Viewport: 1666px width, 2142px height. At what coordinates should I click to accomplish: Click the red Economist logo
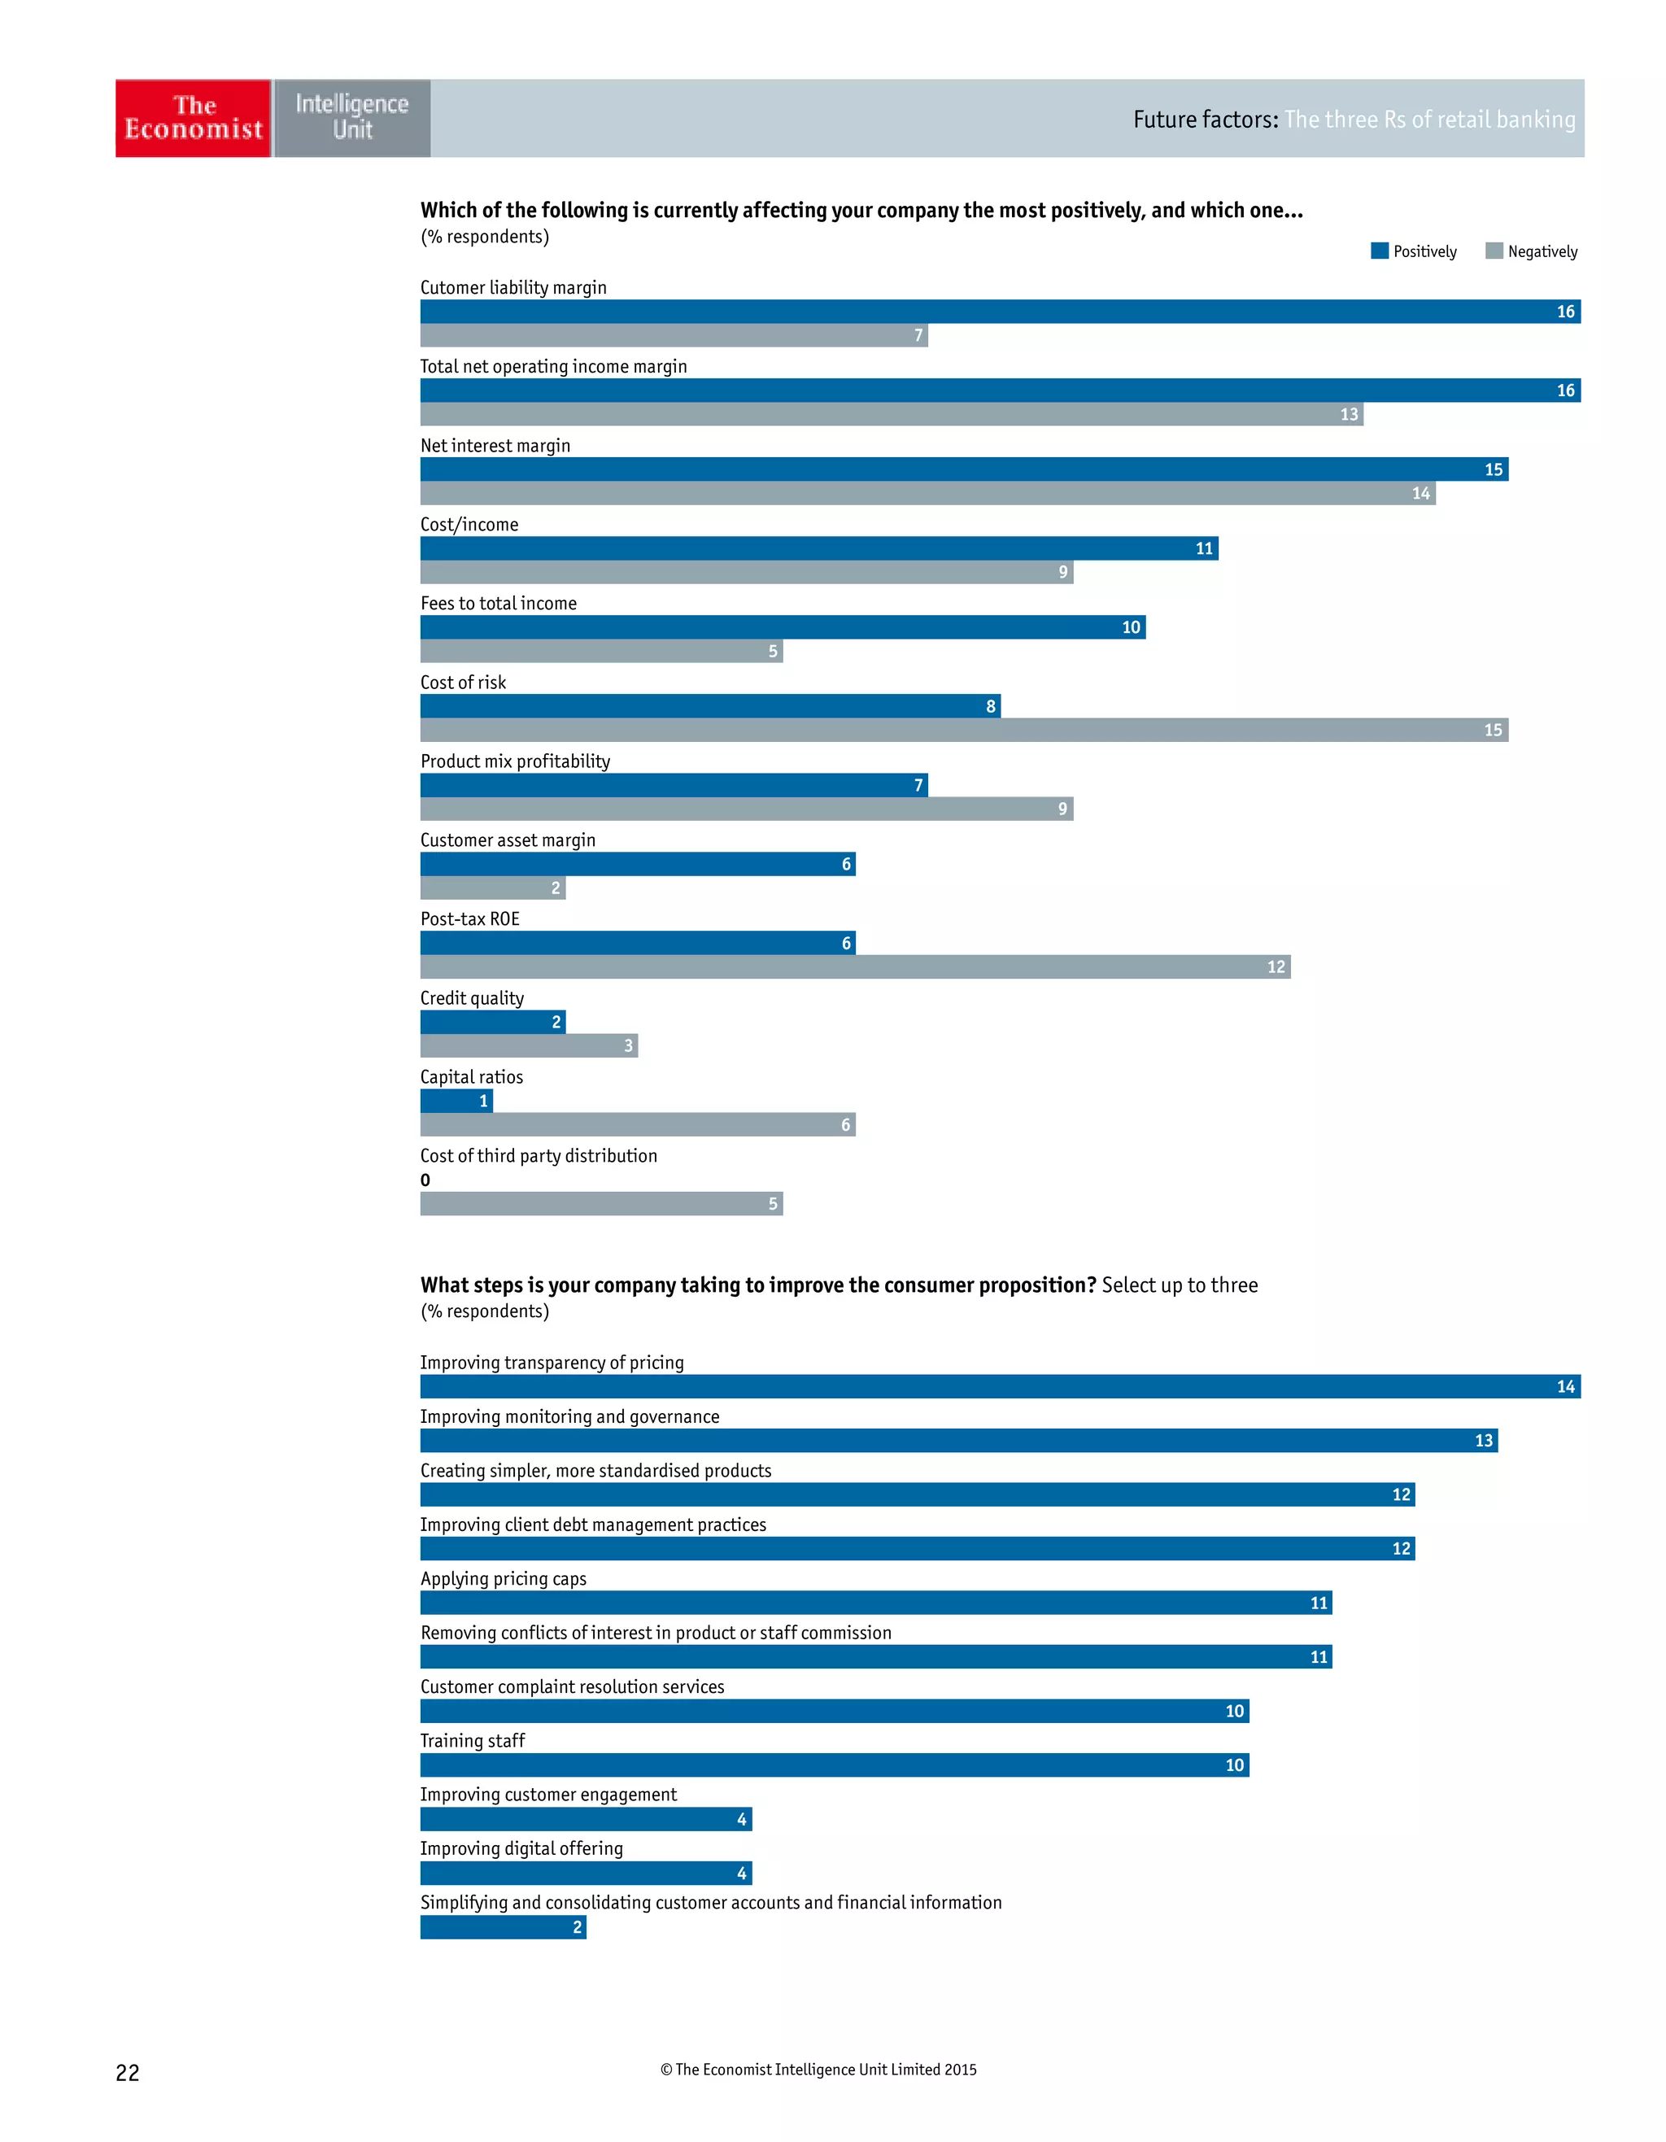[193, 118]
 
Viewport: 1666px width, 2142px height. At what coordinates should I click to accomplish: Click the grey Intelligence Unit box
[352, 118]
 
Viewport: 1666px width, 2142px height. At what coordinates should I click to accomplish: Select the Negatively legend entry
[1531, 251]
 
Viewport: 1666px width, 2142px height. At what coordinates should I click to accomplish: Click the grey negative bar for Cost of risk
[963, 730]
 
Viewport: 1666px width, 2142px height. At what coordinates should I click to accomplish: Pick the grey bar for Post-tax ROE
[854, 967]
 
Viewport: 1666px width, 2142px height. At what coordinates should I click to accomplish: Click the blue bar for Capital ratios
[456, 1101]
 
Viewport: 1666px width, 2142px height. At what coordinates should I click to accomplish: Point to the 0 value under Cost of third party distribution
[425, 1180]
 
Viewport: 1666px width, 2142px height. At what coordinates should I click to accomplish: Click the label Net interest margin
[495, 445]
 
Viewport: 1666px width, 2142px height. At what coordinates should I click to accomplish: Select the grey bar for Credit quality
[529, 1045]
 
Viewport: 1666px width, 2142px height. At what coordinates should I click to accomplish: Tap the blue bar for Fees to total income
[783, 626]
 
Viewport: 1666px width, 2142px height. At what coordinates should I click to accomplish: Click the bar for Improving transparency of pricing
[999, 1385]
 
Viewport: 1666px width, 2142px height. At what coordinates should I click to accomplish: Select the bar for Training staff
[834, 1765]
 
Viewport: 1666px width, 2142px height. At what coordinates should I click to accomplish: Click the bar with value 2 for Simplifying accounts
[502, 1926]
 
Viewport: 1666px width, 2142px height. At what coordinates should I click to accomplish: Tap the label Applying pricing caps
[503, 1578]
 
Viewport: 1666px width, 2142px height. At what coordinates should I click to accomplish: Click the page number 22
[128, 2072]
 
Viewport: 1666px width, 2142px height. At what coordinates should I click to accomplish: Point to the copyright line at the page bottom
[818, 2070]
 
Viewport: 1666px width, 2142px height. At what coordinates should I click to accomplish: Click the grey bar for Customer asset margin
[492, 888]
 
